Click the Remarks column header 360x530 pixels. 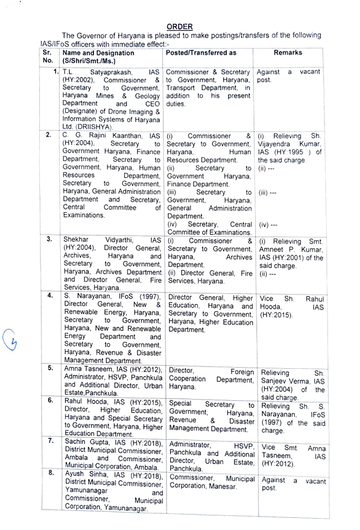pos(288,53)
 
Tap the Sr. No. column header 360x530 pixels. pos(48,57)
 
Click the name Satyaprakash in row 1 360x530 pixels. pos(108,72)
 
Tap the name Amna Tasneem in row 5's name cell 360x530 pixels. pos(87,368)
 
